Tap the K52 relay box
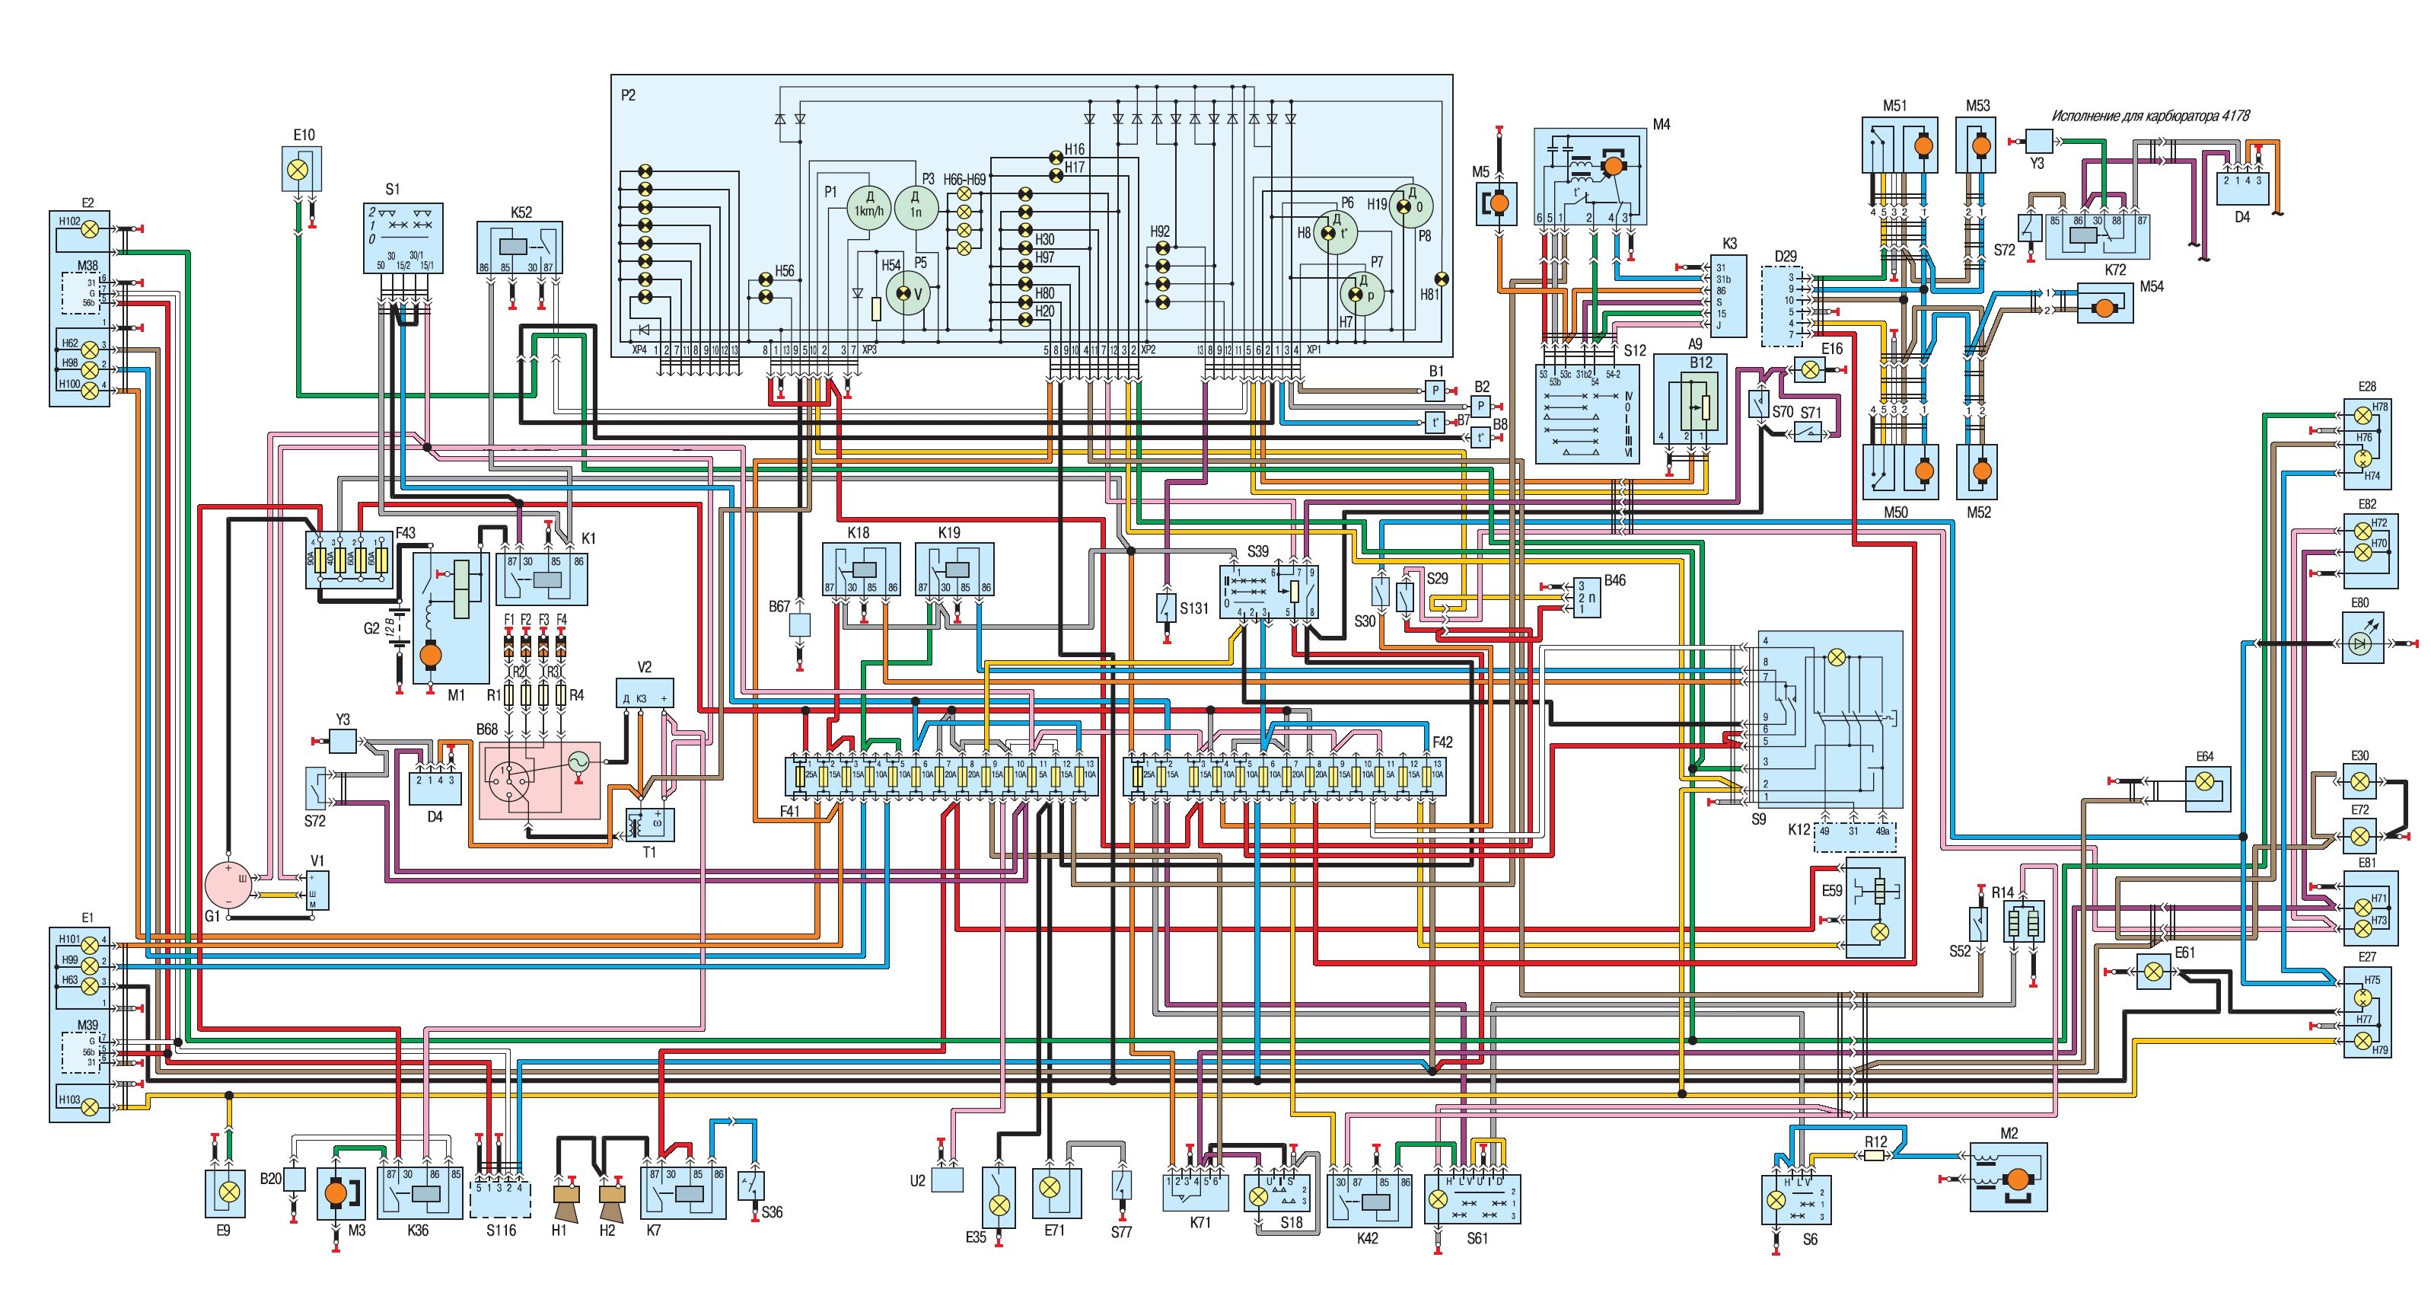tap(519, 247)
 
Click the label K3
tap(1729, 244)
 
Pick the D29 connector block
tap(1782, 305)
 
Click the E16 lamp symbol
tap(1810, 370)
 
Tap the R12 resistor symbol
tap(1874, 1155)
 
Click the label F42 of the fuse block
tap(1442, 742)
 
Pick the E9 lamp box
tap(225, 1192)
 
